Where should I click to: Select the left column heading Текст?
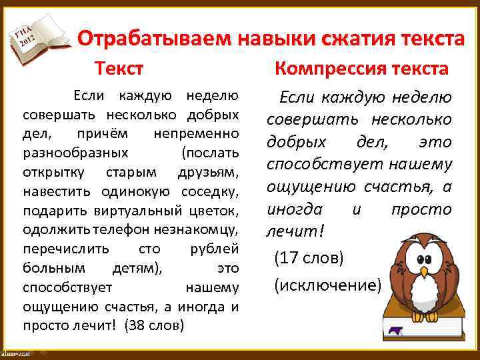119,68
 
